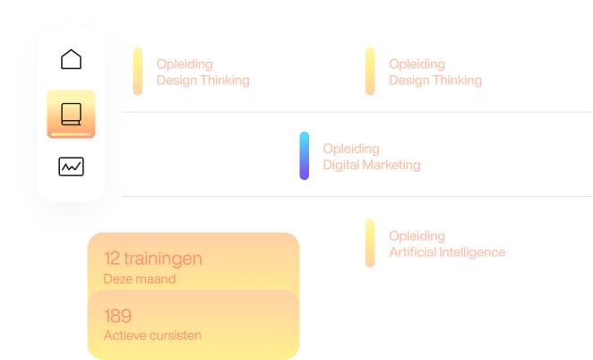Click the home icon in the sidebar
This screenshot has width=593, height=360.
tap(71, 60)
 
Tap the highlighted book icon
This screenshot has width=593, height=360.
tap(71, 113)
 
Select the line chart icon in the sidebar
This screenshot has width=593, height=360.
tap(71, 167)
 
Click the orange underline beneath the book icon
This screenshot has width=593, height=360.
tap(71, 133)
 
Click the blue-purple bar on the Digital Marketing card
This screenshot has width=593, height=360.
tap(305, 156)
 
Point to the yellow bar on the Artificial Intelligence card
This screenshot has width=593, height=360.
tap(369, 244)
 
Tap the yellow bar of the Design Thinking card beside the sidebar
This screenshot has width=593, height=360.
tap(137, 71)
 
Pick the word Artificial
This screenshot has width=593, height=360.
tap(413, 253)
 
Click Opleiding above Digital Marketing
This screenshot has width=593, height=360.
tap(350, 149)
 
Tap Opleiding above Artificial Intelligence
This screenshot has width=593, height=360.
tap(417, 236)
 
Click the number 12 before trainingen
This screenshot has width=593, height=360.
tap(112, 259)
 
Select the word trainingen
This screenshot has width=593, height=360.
tap(164, 259)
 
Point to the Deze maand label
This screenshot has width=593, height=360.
tap(139, 279)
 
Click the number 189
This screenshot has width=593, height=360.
tap(117, 316)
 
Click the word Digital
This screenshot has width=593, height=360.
tap(341, 165)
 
